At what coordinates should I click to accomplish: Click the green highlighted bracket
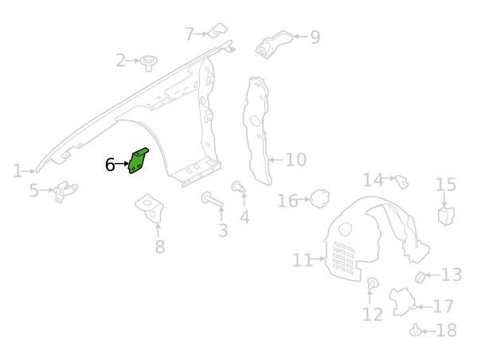(x=138, y=161)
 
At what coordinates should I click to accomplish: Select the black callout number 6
(x=110, y=165)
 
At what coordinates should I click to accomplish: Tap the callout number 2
(x=121, y=61)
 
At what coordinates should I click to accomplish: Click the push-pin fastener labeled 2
(x=149, y=63)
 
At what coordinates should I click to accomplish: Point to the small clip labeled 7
(x=217, y=31)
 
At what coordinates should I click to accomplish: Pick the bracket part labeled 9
(x=274, y=44)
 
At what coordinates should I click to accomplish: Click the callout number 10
(x=295, y=159)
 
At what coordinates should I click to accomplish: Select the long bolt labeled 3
(x=211, y=199)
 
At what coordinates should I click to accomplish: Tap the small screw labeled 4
(x=238, y=187)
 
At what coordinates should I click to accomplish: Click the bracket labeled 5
(x=65, y=191)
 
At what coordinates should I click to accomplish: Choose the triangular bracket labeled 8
(x=150, y=207)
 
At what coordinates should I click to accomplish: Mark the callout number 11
(x=302, y=260)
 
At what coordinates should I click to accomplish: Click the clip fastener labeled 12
(x=373, y=284)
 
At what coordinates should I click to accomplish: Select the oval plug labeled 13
(x=420, y=277)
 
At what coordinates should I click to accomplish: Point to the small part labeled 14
(x=402, y=182)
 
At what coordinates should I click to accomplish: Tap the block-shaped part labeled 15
(x=446, y=216)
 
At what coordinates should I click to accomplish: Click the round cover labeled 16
(x=320, y=198)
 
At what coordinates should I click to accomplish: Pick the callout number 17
(x=443, y=307)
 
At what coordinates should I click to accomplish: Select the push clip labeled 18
(x=416, y=330)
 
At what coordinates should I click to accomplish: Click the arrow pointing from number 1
(x=29, y=171)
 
